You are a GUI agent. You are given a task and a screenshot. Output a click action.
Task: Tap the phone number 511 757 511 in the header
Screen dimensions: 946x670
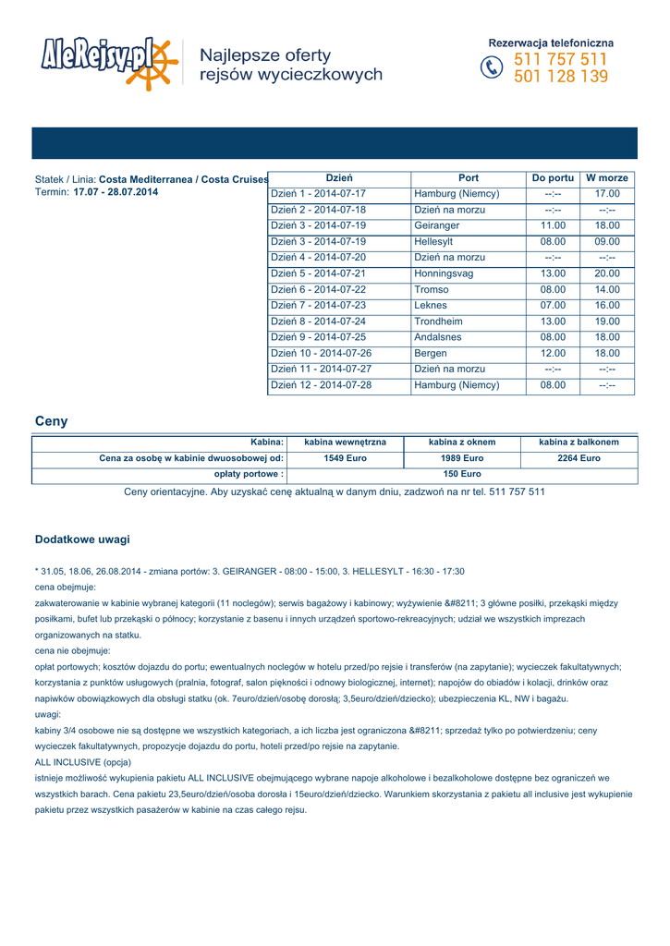pyautogui.click(x=560, y=60)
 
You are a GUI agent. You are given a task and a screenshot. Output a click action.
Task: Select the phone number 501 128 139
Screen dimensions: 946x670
pyautogui.click(x=560, y=77)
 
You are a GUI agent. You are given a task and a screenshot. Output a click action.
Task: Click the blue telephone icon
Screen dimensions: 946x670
pyautogui.click(x=492, y=68)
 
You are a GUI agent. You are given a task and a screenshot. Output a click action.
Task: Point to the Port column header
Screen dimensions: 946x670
pyautogui.click(x=469, y=177)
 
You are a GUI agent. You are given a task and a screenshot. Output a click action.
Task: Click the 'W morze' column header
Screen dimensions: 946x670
pyautogui.click(x=607, y=177)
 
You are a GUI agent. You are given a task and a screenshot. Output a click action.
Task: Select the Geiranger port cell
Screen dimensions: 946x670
pyautogui.click(x=436, y=225)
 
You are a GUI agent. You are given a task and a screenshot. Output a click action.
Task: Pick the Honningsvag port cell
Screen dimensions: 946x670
pyautogui.click(x=444, y=273)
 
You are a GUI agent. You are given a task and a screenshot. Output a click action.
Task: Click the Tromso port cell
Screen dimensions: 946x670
pyautogui.click(x=431, y=289)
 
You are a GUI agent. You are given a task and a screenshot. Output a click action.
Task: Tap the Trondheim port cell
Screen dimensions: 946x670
pyautogui.click(x=437, y=321)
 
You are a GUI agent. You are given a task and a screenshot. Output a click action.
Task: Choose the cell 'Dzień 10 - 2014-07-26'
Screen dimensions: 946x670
pyautogui.click(x=321, y=353)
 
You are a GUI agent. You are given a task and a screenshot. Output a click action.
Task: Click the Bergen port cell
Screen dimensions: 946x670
pyautogui.click(x=430, y=353)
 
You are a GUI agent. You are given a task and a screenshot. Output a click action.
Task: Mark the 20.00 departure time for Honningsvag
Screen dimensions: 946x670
pyautogui.click(x=607, y=273)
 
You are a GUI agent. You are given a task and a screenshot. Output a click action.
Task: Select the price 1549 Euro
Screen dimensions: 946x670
pyautogui.click(x=345, y=458)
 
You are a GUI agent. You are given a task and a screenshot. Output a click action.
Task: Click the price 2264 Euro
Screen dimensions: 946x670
pyautogui.click(x=579, y=458)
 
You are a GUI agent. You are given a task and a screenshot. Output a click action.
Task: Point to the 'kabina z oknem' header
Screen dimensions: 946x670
pyautogui.click(x=462, y=443)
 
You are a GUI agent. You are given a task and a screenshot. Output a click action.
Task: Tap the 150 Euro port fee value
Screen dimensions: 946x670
pyautogui.click(x=462, y=474)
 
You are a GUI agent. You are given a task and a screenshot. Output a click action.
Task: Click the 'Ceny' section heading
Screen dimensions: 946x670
pyautogui.click(x=51, y=421)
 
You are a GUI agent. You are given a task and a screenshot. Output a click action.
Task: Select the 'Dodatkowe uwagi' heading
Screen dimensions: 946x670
pyautogui.click(x=82, y=539)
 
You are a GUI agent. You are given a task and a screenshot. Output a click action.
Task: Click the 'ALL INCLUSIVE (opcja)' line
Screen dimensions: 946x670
pyautogui.click(x=82, y=762)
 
